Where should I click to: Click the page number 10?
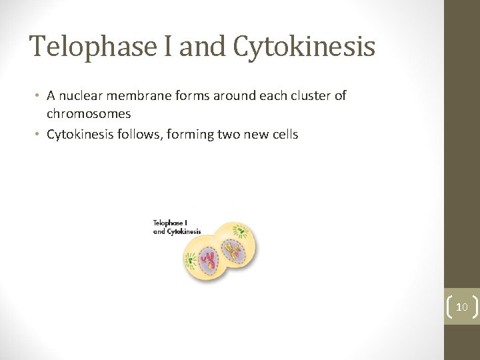[x=461, y=307]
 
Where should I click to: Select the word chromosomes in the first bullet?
[x=89, y=113]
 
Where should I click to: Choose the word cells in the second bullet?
[x=283, y=134]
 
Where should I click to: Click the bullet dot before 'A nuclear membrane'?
[x=38, y=96]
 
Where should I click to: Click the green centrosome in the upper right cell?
[x=240, y=232]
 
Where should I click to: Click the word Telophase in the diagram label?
[x=167, y=223]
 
